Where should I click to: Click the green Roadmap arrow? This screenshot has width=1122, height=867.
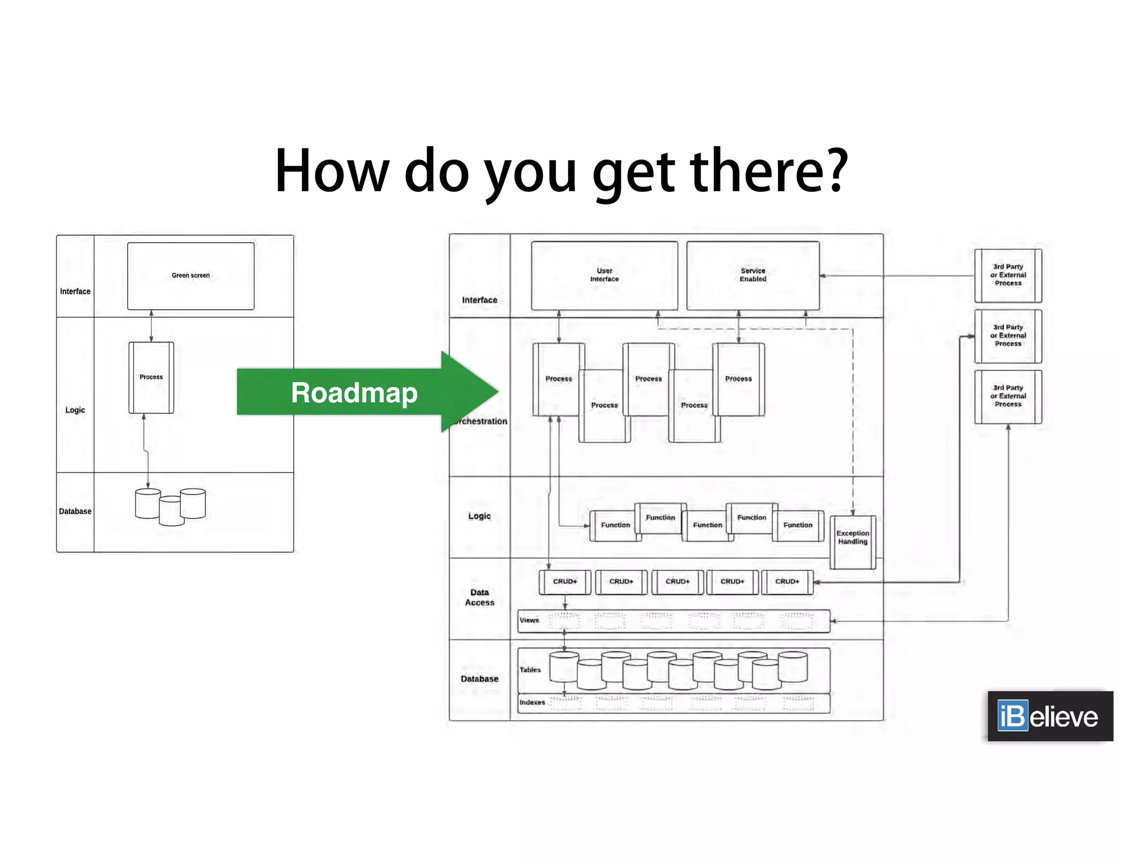click(x=362, y=392)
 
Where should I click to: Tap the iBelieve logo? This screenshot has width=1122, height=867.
click(x=1050, y=716)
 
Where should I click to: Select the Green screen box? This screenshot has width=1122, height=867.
click(x=191, y=276)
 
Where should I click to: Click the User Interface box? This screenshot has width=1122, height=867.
click(x=604, y=275)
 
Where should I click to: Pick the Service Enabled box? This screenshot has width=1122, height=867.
click(x=753, y=275)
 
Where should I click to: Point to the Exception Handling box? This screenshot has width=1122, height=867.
click(x=852, y=541)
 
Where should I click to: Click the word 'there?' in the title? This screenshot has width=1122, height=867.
click(x=769, y=171)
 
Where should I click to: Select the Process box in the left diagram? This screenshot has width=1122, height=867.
click(x=151, y=377)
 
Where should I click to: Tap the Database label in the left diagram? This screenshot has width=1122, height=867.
click(x=75, y=511)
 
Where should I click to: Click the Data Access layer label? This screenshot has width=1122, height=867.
click(x=479, y=597)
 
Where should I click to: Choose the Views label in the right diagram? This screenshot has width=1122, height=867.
click(x=529, y=620)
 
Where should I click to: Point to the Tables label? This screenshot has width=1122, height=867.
click(x=530, y=670)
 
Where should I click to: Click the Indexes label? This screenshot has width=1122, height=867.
click(x=532, y=703)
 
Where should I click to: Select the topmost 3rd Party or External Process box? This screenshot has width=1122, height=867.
click(x=1008, y=275)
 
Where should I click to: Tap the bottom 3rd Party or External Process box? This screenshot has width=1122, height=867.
click(x=1008, y=396)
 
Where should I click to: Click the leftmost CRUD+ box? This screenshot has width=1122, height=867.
click(x=565, y=581)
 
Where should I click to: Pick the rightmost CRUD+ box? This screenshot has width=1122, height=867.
click(x=787, y=581)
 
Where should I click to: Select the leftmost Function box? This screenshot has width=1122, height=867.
click(x=615, y=526)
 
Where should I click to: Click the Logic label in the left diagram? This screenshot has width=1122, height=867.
click(x=75, y=410)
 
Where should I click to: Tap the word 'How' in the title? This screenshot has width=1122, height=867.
click(x=331, y=171)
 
